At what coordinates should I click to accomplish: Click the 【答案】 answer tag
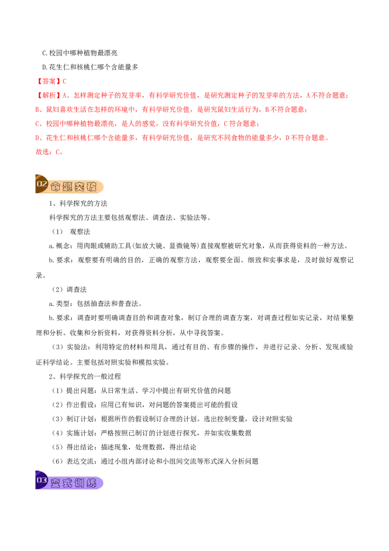tap(49, 81)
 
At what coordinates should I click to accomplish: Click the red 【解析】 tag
tap(49, 95)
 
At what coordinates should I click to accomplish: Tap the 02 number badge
tap(42, 184)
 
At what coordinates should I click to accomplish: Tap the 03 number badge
tap(42, 480)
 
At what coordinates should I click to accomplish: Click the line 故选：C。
tap(50, 152)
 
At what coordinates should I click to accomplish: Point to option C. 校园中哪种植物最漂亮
tap(80, 53)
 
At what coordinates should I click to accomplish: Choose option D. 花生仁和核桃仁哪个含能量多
tap(90, 67)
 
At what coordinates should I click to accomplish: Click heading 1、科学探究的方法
tap(78, 203)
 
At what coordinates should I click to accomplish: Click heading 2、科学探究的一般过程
tap(85, 376)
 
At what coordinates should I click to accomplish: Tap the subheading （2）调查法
tap(69, 289)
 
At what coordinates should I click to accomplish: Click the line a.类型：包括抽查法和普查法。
tap(95, 303)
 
